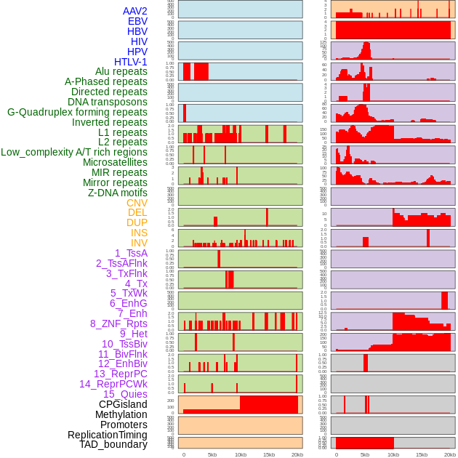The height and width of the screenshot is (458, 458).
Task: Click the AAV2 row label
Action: pos(134,11)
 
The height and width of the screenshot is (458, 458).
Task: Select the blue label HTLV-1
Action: pos(130,62)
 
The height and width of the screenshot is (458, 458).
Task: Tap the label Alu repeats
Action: pos(121,71)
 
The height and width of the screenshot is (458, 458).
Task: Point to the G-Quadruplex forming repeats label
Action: pos(77,112)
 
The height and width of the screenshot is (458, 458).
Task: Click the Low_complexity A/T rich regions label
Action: pos(74,152)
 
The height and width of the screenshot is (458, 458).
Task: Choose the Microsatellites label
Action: pos(115,162)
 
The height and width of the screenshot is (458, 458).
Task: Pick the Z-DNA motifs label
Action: pos(117,193)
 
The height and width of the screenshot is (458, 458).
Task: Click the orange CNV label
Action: pos(137,203)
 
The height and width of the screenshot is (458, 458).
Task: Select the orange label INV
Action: pos(139,243)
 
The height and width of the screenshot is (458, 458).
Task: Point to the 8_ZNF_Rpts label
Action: pos(118,324)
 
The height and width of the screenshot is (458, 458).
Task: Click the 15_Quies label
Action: pos(125,394)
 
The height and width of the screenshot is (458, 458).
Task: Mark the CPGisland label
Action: pos(123,404)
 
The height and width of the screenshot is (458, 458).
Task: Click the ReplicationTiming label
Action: pos(107,435)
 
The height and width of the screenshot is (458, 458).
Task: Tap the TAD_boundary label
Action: pos(113,444)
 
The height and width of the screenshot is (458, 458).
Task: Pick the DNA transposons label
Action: pos(108,102)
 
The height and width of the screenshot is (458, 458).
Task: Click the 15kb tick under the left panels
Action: pos(269,454)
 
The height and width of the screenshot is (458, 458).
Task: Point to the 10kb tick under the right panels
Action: pos(393,454)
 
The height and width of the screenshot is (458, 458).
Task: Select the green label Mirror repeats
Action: pos(116,182)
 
